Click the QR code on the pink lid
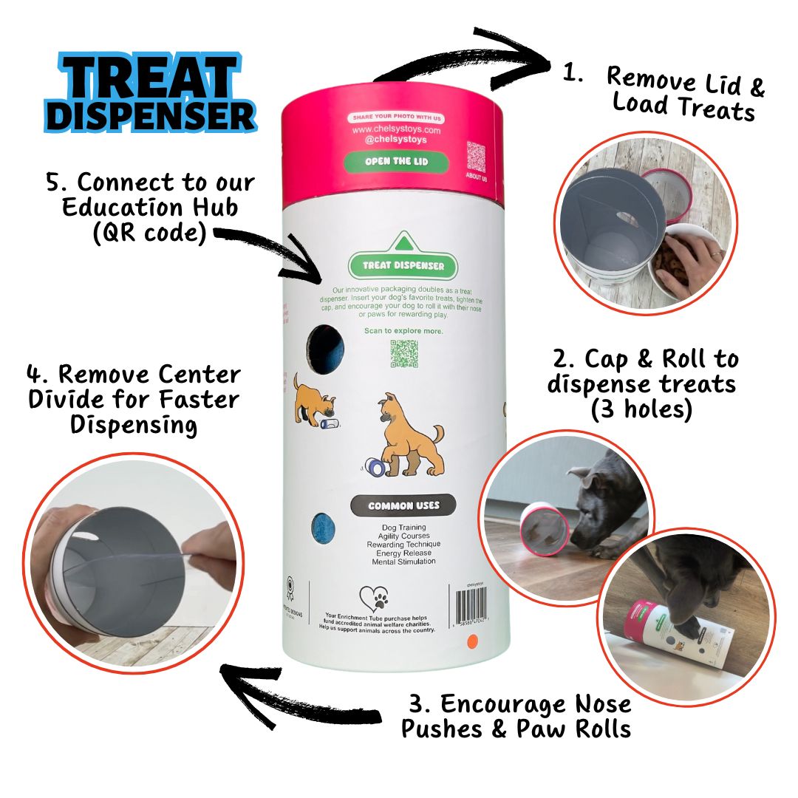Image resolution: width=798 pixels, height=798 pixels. pyautogui.click(x=476, y=157)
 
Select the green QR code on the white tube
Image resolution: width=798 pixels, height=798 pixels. pyautogui.click(x=404, y=354)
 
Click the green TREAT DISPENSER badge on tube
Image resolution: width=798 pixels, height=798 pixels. pyautogui.click(x=403, y=265)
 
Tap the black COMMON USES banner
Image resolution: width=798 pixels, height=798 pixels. pyautogui.click(x=403, y=506)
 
